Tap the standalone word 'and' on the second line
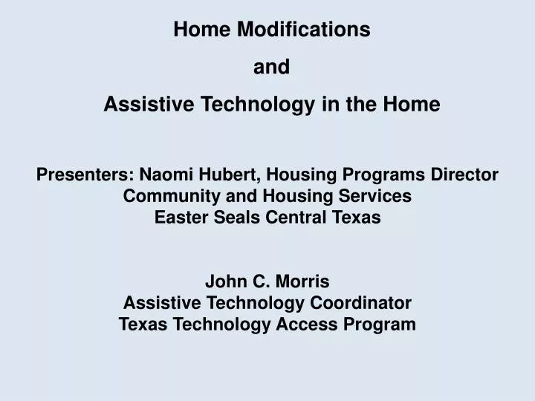tap(272, 68)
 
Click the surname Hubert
tap(233, 175)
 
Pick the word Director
tap(467, 175)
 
